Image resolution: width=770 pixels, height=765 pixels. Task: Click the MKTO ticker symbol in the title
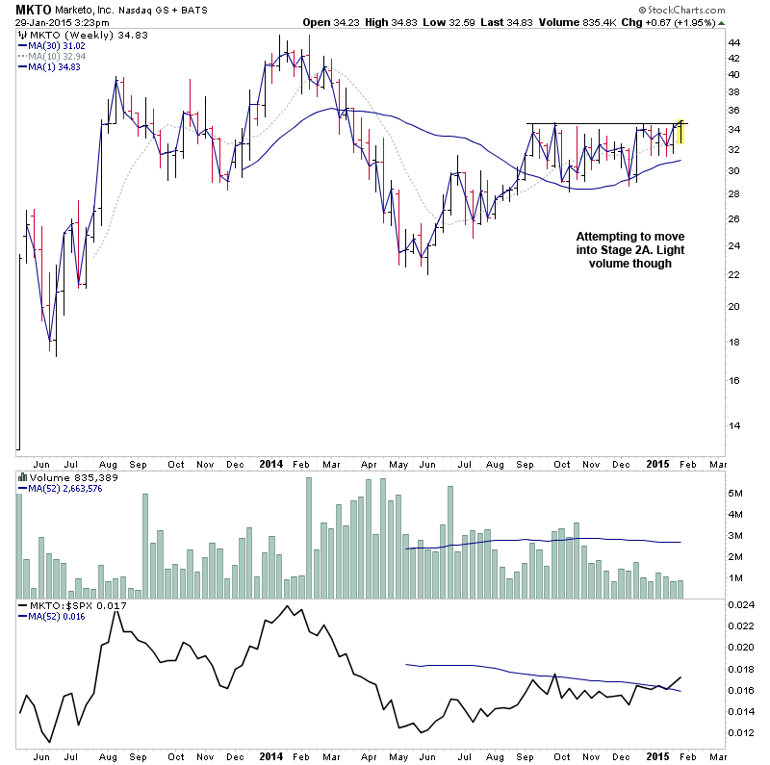pyautogui.click(x=35, y=9)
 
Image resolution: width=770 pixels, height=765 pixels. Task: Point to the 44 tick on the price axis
pyautogui.click(x=733, y=43)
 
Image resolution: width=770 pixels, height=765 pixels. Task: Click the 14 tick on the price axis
pyautogui.click(x=733, y=425)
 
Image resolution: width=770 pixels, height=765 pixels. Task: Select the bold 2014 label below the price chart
pyautogui.click(x=271, y=463)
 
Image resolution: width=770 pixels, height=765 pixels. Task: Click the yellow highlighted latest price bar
pyautogui.click(x=680, y=132)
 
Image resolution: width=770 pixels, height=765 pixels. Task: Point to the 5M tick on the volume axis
pyautogui.click(x=737, y=493)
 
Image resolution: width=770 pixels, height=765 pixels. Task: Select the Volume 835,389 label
pyautogui.click(x=62, y=476)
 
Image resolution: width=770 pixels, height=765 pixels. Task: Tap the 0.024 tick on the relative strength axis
pyautogui.click(x=740, y=605)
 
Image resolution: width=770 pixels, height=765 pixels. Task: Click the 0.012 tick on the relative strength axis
pyautogui.click(x=740, y=733)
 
